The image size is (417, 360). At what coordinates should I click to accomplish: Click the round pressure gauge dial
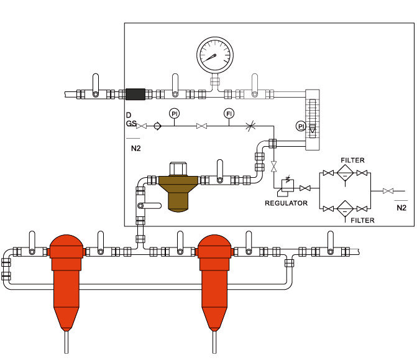(x=215, y=55)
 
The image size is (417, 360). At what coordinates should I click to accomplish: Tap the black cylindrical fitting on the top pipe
(x=135, y=94)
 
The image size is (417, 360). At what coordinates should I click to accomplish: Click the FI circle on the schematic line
(x=229, y=114)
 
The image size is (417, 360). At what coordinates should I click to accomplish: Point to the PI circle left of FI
(x=174, y=114)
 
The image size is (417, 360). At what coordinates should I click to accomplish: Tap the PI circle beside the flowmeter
(x=301, y=126)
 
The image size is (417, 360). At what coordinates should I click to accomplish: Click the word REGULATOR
(x=286, y=203)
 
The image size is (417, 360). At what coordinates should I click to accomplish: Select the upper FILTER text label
(x=352, y=160)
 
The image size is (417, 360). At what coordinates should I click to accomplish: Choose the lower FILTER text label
(x=362, y=220)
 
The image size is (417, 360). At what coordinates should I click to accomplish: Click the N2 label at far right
(x=401, y=208)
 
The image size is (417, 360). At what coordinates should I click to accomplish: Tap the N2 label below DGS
(x=136, y=148)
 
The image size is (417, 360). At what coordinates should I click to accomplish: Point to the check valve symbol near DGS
(x=157, y=126)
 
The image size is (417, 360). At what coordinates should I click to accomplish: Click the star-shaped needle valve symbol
(x=250, y=126)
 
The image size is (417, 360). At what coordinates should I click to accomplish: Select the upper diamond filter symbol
(x=345, y=173)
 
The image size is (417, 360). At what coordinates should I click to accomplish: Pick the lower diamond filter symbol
(x=345, y=209)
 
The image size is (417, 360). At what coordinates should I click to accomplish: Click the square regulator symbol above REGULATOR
(x=288, y=185)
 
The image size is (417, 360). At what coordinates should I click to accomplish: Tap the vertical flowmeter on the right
(x=312, y=120)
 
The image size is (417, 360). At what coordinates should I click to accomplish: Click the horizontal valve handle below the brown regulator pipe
(x=149, y=206)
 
